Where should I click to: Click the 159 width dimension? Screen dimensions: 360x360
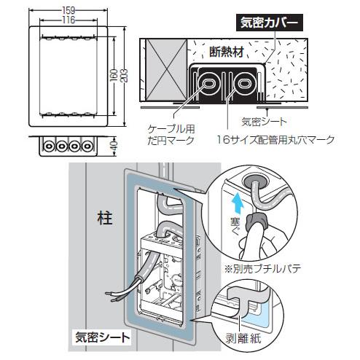tap(69, 10)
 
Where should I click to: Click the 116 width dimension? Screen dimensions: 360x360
tap(69, 20)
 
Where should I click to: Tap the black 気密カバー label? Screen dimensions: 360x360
tap(270, 23)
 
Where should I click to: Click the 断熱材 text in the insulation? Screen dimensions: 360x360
tap(227, 52)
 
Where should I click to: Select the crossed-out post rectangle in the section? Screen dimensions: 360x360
tap(166, 70)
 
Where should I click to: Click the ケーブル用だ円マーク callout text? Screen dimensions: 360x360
tap(171, 135)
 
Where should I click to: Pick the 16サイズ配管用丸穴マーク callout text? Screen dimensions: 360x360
tap(275, 140)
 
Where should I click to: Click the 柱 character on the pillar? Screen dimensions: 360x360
tap(104, 218)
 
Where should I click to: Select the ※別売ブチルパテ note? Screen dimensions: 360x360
tap(262, 269)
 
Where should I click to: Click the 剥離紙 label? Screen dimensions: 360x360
tap(243, 338)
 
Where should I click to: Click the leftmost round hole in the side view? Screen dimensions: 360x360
tap(48, 146)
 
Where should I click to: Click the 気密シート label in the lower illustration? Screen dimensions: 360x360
tap(103, 337)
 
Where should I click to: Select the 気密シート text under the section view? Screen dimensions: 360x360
tap(265, 122)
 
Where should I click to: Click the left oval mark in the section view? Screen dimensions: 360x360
tap(208, 84)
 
